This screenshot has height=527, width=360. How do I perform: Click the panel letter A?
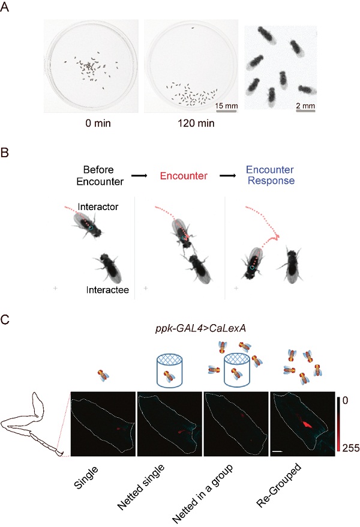point(4,7)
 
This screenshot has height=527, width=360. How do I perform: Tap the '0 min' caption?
point(98,124)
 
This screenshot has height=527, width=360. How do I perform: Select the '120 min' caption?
point(196,124)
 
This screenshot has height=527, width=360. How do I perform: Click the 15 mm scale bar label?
point(226,106)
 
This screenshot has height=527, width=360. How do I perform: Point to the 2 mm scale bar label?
point(305,106)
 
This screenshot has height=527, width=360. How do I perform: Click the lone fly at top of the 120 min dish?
point(193,28)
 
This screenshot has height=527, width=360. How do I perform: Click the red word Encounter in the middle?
point(184,176)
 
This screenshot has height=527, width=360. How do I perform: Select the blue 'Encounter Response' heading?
point(271,175)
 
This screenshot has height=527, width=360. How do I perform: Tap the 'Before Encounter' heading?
point(100,175)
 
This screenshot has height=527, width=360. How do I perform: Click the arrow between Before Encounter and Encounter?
point(139,176)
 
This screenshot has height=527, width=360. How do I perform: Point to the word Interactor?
point(98,206)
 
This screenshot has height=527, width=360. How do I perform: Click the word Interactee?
point(107,290)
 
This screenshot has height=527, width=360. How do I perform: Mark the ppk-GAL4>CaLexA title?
point(200,328)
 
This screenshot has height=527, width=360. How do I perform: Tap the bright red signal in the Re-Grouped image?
point(307,424)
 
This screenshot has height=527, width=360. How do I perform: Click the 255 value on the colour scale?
point(351,448)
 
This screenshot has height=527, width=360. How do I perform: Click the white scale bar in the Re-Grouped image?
point(277,451)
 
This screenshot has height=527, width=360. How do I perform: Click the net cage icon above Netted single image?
point(170,370)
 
